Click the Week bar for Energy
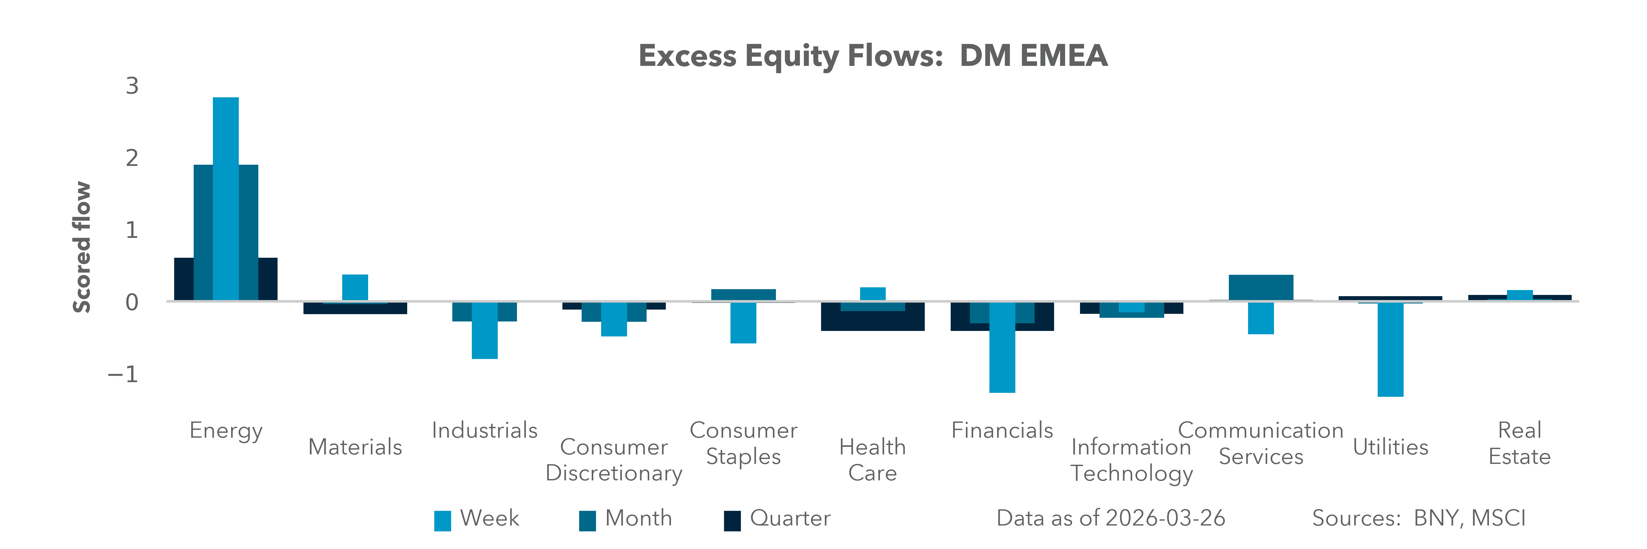pyautogui.click(x=226, y=198)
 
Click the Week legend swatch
pyautogui.click(x=443, y=520)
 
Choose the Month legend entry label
pyautogui.click(x=638, y=518)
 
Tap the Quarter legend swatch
pyautogui.click(x=732, y=520)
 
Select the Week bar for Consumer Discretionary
pyautogui.click(x=614, y=318)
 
